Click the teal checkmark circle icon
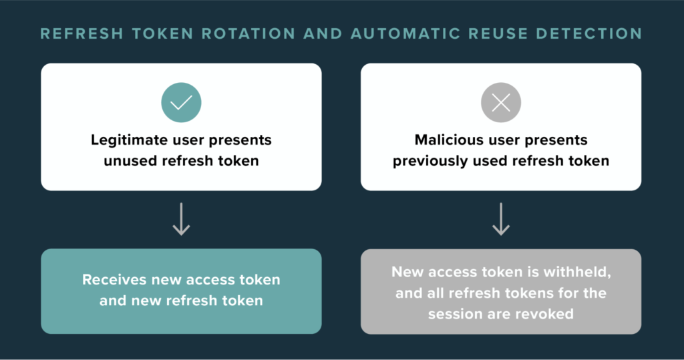pyautogui.click(x=181, y=103)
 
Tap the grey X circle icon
pyautogui.click(x=501, y=103)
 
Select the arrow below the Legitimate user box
pyautogui.click(x=181, y=219)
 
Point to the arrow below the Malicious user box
pyautogui.click(x=501, y=219)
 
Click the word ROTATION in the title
pyautogui.click(x=248, y=33)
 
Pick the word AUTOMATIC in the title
pyautogui.click(x=405, y=33)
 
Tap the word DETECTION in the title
pyautogui.click(x=589, y=33)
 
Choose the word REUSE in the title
pyautogui.click(x=498, y=33)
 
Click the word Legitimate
pyautogui.click(x=129, y=140)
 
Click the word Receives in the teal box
pyautogui.click(x=114, y=280)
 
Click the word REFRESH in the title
pyautogui.click(x=82, y=33)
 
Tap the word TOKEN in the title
pyautogui.click(x=163, y=33)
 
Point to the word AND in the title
pyautogui.click(x=323, y=33)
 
